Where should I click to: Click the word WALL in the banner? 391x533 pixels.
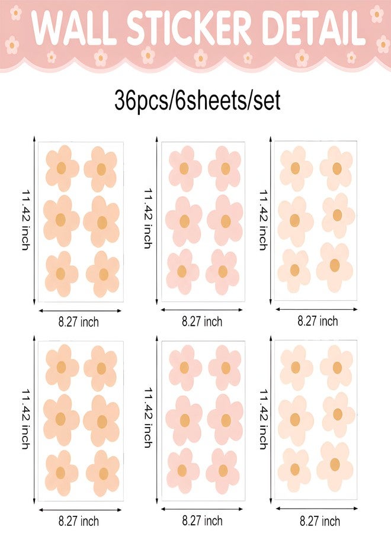72,27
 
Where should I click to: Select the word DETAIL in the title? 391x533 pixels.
313,27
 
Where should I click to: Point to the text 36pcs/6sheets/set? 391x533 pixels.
197,100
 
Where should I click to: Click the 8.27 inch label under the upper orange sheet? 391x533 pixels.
79,322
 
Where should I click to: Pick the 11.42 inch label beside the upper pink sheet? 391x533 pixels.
148,219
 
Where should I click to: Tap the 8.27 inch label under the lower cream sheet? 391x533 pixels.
319,521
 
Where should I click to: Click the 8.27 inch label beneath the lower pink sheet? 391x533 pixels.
202,521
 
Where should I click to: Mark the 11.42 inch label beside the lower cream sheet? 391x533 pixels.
264,419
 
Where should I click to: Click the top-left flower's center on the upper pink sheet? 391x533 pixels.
184,169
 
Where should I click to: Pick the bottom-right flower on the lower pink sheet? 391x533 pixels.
223,471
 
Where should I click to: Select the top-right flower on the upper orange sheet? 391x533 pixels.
101,169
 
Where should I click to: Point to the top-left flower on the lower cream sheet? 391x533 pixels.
296,367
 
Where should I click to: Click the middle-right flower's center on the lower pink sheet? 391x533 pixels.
226,420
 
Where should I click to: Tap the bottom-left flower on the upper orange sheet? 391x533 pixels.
61,274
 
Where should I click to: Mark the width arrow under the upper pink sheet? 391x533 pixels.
201,310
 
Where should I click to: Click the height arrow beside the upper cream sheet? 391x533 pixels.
271,220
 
